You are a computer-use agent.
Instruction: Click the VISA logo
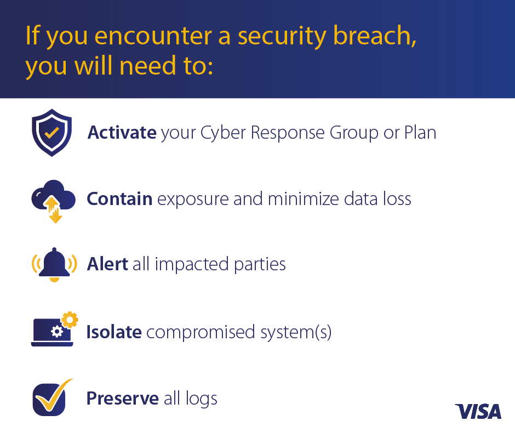pos(478,411)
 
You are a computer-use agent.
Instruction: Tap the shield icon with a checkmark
pos(52,133)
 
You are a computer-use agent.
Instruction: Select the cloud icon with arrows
pos(54,201)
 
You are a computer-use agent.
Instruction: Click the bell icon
pos(54,265)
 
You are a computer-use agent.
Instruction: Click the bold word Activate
pos(122,133)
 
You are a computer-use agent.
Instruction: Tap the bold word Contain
pos(119,199)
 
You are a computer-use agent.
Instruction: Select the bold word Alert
pos(107,264)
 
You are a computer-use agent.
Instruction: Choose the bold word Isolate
pos(114,332)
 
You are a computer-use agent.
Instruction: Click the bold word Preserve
pos(123,398)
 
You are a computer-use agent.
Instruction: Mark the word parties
pos(260,265)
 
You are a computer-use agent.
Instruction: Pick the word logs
pos(201,399)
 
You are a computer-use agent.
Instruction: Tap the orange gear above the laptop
pos(70,319)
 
